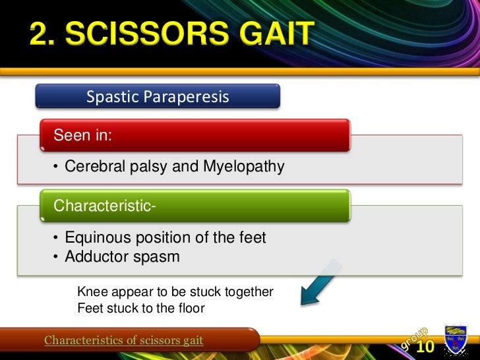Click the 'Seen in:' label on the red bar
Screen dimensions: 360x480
[82, 135]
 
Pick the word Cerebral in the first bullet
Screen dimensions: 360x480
[92, 167]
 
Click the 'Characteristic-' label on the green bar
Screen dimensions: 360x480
[104, 206]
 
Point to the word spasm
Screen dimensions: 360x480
[154, 256]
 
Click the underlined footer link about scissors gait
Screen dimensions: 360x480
[123, 340]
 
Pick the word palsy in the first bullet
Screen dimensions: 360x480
[148, 167]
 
